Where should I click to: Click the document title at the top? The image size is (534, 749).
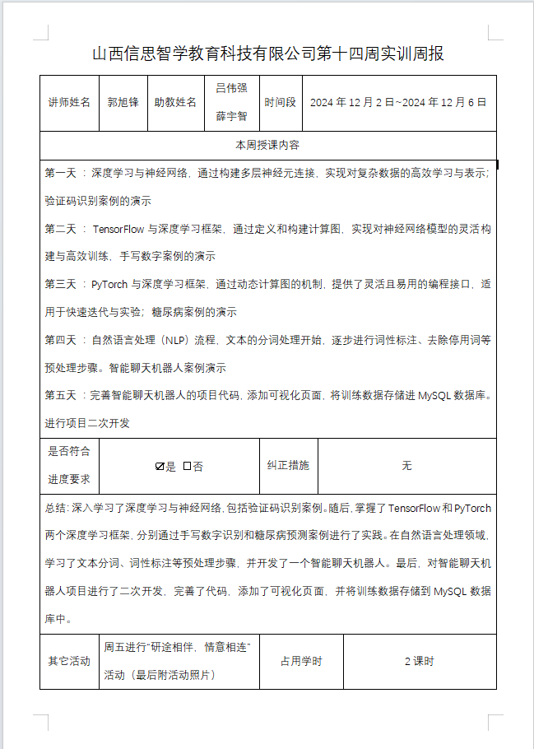(x=268, y=54)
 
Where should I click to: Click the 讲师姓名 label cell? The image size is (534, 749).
(x=69, y=103)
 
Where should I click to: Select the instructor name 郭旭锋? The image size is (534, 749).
(x=123, y=103)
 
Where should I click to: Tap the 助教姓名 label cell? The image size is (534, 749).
(x=175, y=103)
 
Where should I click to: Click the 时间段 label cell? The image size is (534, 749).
(x=280, y=103)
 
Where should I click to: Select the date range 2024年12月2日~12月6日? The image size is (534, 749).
(x=398, y=103)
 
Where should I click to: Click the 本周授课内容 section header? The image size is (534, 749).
(x=267, y=145)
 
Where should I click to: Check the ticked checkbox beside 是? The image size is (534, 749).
(x=160, y=466)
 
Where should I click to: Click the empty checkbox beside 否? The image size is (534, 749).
(x=187, y=466)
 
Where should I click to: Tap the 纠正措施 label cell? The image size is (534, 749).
(x=288, y=466)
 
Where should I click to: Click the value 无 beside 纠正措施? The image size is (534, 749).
(x=406, y=466)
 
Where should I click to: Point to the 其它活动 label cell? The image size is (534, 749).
(x=69, y=662)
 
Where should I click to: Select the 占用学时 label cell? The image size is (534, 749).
(x=301, y=662)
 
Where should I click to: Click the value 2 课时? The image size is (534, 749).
(x=419, y=662)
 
